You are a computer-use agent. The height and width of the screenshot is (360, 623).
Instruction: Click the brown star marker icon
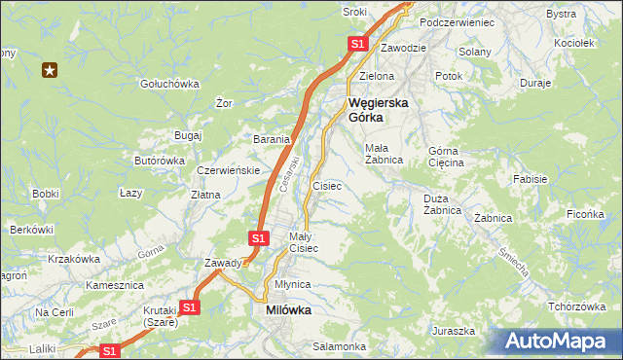pyautogui.click(x=50, y=69)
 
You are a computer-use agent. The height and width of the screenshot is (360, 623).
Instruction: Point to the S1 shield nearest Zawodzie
pyautogui.click(x=357, y=44)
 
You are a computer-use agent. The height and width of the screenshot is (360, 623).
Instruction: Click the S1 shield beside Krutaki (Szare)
pyautogui.click(x=190, y=307)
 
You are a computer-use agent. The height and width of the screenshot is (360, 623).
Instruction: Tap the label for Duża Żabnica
pyautogui.click(x=449, y=203)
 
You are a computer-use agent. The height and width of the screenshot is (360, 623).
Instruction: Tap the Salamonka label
pyautogui.click(x=339, y=346)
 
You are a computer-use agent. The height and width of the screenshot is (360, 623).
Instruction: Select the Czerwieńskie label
pyautogui.click(x=228, y=169)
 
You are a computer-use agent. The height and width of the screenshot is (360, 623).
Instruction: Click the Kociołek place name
pyautogui.click(x=573, y=43)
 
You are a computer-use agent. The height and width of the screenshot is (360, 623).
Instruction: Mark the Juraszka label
pyautogui.click(x=455, y=331)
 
